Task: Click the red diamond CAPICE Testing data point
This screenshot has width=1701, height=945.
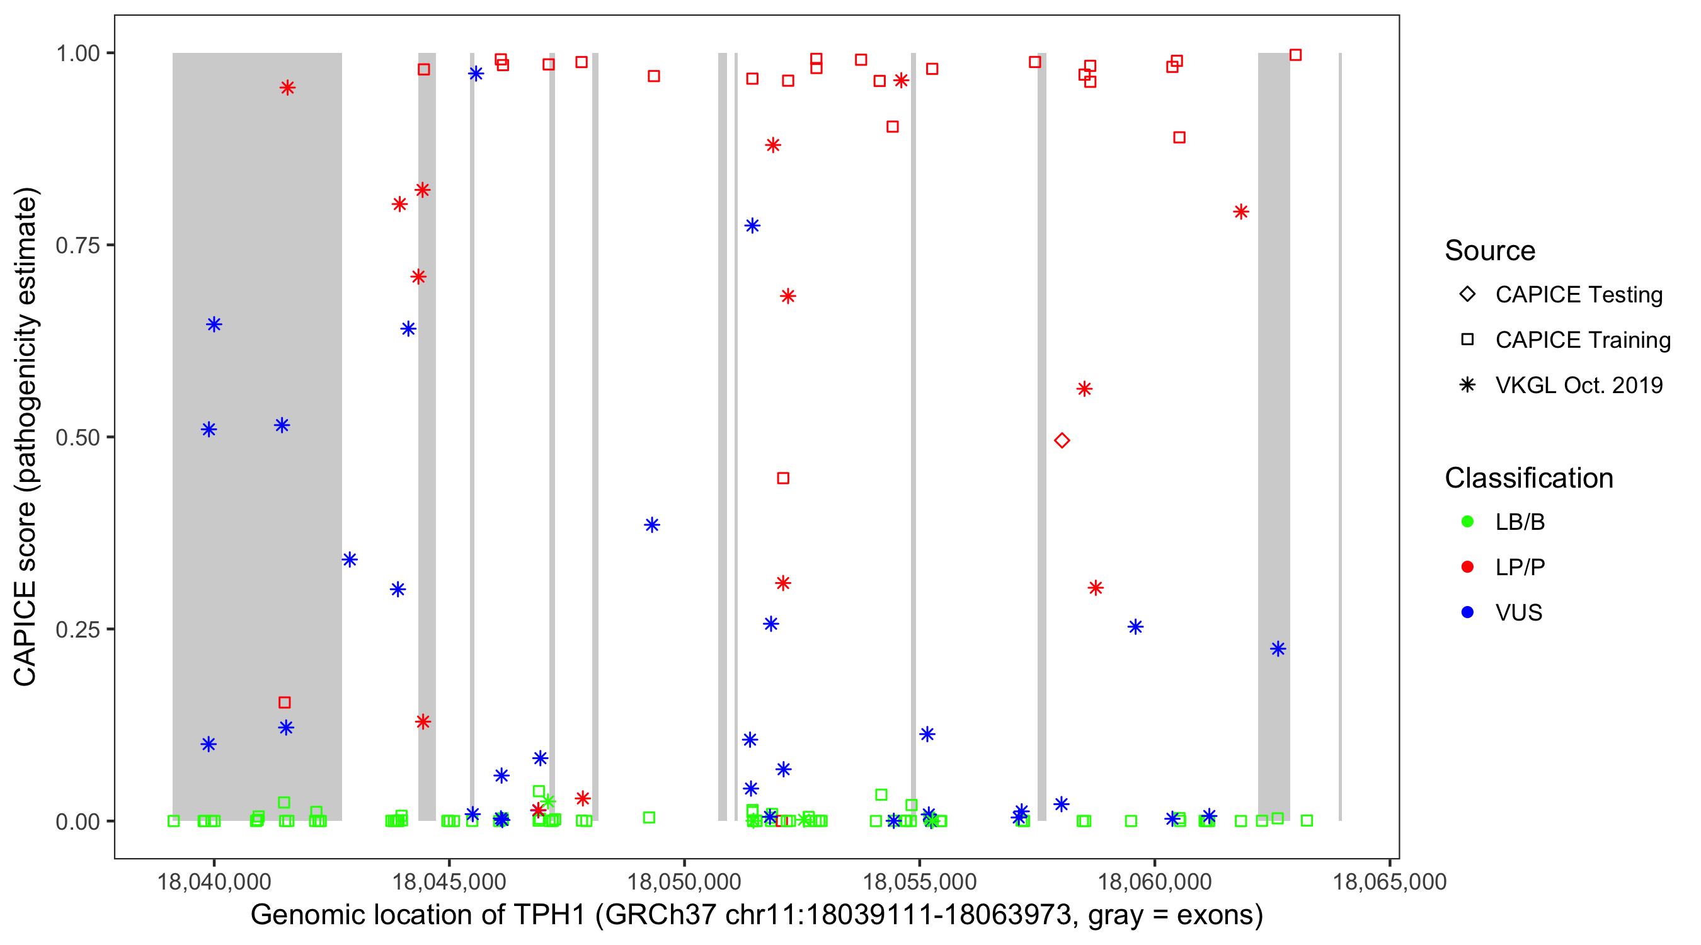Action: click(x=1061, y=440)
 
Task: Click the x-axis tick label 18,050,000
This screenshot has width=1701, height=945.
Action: click(x=684, y=881)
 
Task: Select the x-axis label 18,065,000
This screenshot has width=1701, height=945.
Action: click(x=1389, y=881)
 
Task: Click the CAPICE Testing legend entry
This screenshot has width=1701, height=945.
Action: click(x=1578, y=295)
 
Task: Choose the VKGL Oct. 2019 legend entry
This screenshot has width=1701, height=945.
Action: click(x=1578, y=385)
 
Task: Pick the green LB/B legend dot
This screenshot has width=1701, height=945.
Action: click(x=1467, y=522)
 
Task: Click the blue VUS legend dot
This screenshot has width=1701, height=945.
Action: click(x=1467, y=612)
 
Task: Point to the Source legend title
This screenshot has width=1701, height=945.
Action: click(x=1490, y=251)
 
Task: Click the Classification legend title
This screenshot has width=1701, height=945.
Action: click(x=1528, y=478)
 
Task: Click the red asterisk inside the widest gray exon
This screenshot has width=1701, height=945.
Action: click(x=287, y=88)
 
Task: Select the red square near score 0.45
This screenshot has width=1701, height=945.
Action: click(x=783, y=478)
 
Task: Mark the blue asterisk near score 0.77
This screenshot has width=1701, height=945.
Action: click(x=752, y=226)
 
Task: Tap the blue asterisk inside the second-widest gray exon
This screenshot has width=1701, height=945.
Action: click(x=1278, y=649)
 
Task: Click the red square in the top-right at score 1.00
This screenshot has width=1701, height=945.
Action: click(x=1295, y=55)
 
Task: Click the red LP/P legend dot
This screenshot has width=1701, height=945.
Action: click(x=1467, y=567)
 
